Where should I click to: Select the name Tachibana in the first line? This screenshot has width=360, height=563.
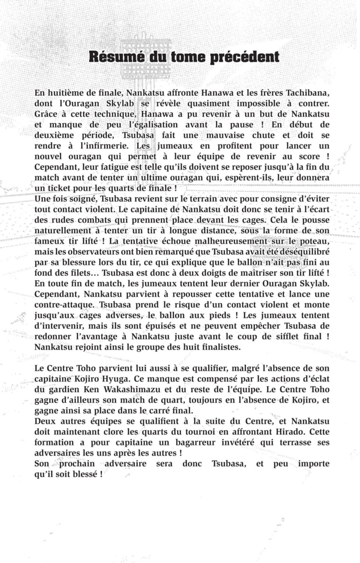308,93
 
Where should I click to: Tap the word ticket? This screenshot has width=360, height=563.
63,188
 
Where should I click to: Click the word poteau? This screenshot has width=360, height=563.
313,241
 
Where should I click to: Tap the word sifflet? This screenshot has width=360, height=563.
286,336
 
